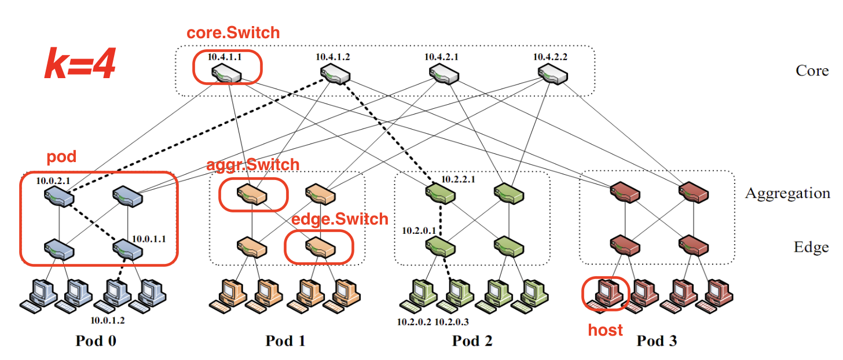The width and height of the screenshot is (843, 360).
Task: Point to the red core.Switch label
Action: pos(233,33)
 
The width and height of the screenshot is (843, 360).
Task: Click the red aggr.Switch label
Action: pos(253,165)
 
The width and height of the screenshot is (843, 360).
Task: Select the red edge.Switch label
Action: pos(339,219)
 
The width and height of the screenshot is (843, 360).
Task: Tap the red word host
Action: pos(605,330)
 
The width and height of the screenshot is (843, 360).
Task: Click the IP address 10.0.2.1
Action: pos(53,181)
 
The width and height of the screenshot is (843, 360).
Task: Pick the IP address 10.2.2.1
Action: pos(458,179)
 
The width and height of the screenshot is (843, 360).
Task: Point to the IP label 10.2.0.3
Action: pos(451,321)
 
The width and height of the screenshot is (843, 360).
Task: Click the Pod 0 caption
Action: pos(96,341)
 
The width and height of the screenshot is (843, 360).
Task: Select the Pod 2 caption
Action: pos(472,341)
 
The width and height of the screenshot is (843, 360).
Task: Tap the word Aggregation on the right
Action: pos(787,193)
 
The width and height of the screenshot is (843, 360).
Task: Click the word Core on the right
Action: pos(812,71)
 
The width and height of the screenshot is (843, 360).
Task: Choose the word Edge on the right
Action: pos(811,248)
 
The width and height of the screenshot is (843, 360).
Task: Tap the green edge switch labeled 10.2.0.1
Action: pos(440,248)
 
